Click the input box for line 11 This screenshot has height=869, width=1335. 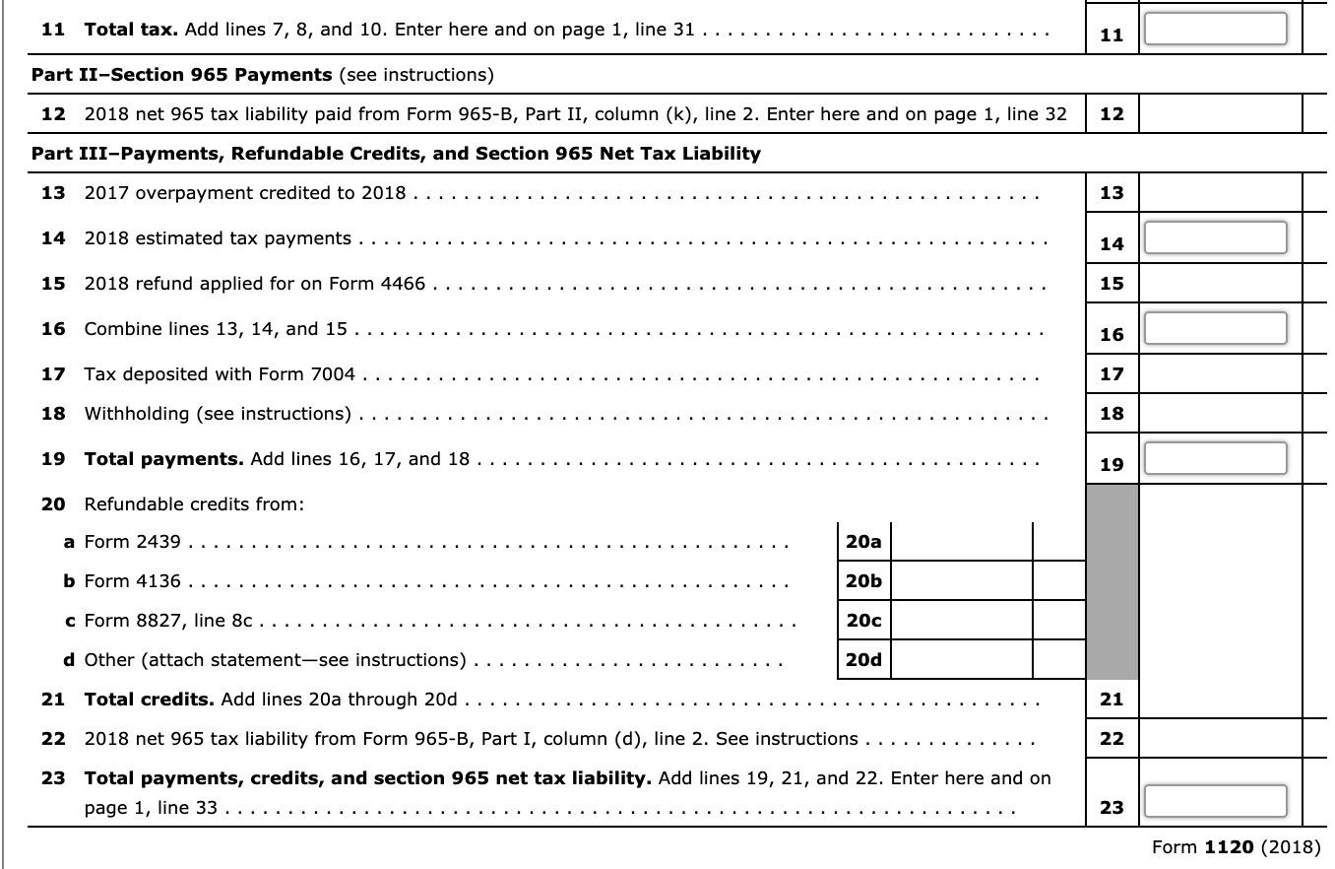point(1215,29)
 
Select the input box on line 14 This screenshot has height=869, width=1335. point(1215,237)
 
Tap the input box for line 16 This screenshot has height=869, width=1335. point(1215,328)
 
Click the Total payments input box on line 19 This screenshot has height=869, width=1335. point(1215,458)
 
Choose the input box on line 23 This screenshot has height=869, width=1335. point(1215,801)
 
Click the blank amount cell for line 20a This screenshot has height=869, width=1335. point(961,541)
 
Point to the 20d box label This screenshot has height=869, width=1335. point(863,660)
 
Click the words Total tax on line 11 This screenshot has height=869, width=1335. point(131,30)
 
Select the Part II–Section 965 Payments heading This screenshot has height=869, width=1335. point(182,75)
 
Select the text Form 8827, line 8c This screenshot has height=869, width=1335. point(167,621)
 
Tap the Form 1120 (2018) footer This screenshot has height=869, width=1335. point(1238,847)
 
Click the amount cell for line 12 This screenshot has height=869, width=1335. point(1219,114)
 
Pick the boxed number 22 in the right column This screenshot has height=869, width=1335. point(1112,739)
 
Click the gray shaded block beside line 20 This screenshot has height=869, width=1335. point(1112,581)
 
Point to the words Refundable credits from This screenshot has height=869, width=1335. point(194,504)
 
